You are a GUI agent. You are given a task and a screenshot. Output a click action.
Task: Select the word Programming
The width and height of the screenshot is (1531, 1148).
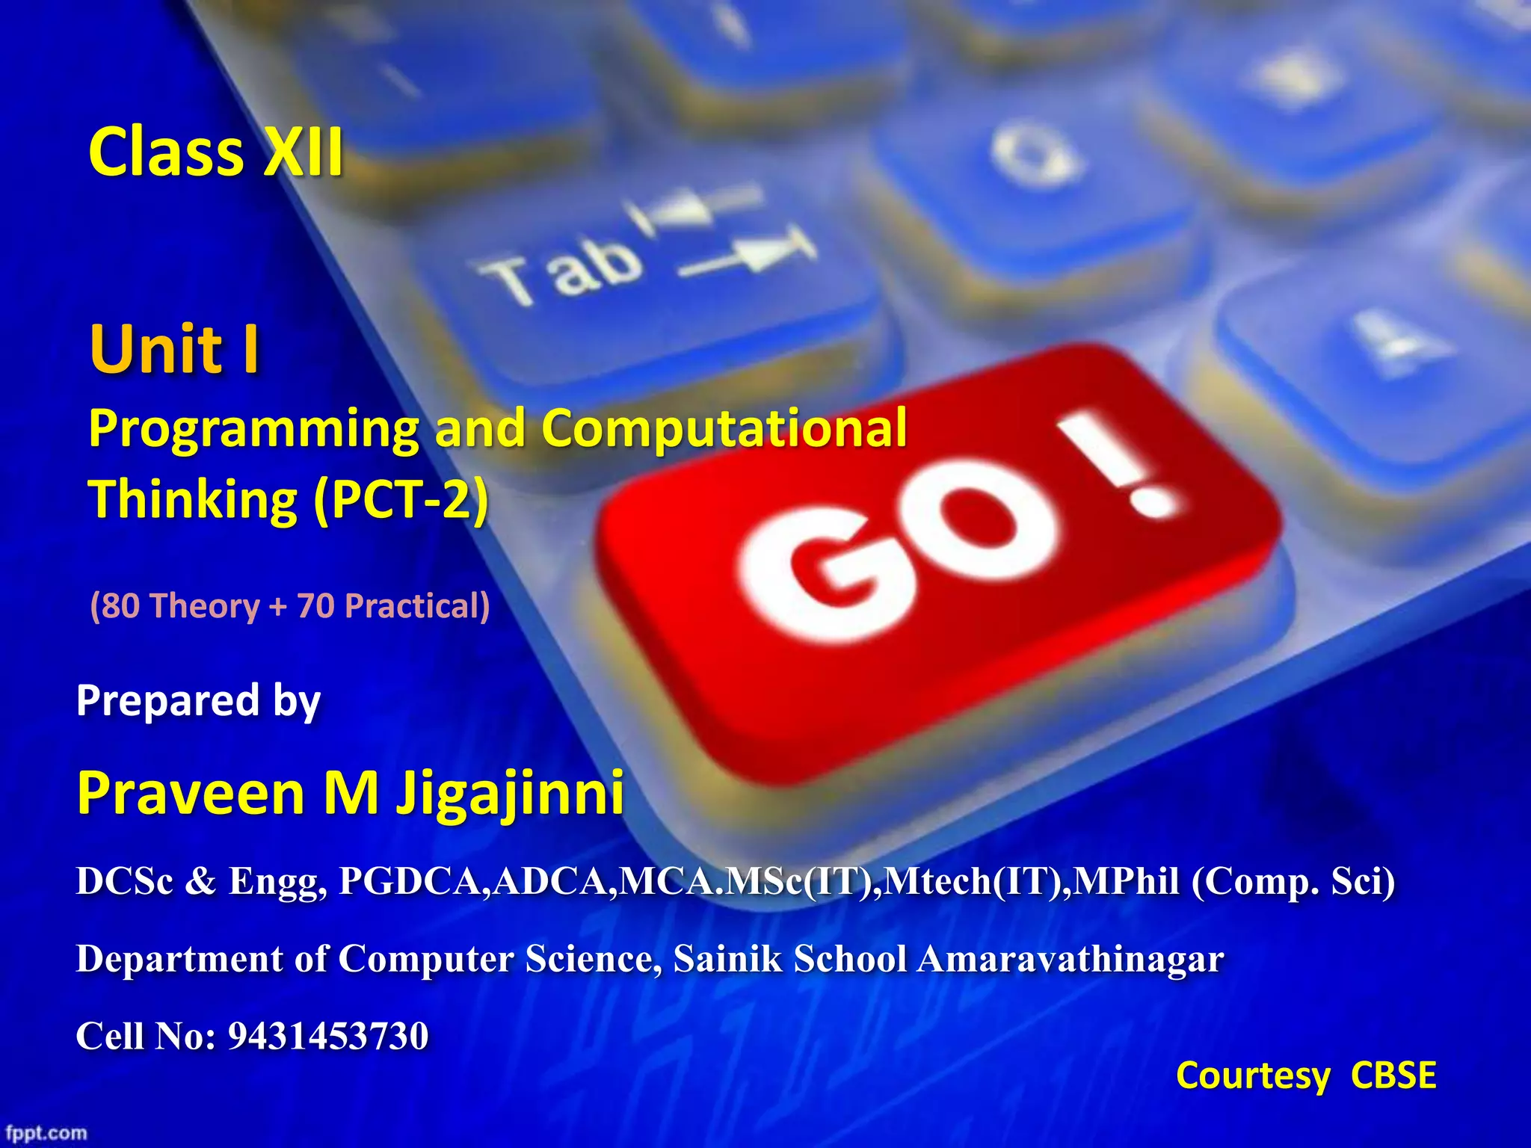253,430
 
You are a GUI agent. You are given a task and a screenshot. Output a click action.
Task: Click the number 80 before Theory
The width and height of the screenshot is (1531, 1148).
120,605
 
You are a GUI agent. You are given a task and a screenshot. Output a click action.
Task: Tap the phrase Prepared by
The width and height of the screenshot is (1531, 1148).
198,701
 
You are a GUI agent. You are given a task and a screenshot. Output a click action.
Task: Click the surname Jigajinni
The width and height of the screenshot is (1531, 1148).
510,793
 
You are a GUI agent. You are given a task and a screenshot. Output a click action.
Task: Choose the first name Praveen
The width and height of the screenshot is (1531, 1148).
191,793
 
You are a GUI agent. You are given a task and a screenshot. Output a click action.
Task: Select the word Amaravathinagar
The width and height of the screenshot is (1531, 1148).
1071,959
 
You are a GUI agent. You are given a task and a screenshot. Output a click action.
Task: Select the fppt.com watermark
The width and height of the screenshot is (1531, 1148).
46,1133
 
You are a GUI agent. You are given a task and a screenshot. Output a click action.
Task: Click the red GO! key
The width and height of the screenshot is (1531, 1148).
934,553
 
